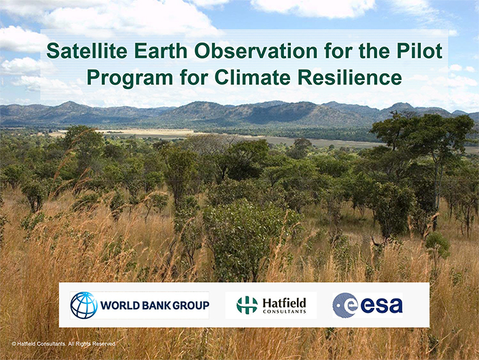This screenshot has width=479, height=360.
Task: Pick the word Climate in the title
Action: [254, 77]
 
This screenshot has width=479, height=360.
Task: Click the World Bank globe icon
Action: [83, 305]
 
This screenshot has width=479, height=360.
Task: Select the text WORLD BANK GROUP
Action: [155, 305]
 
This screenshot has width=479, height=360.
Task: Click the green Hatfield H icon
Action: [247, 305]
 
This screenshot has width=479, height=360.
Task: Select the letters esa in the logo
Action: [381, 305]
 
